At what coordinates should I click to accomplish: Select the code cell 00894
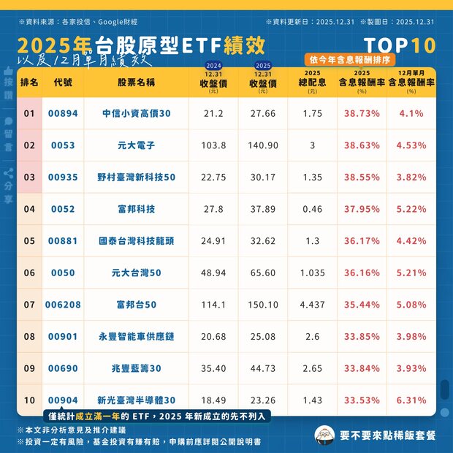pos(63,113)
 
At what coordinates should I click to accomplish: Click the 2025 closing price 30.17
pos(263,177)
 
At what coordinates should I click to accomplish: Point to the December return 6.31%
pos(411,400)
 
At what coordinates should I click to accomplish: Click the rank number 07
pos(29,305)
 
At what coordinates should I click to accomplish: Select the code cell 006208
pos(63,305)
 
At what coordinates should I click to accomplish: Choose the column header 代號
pos(63,83)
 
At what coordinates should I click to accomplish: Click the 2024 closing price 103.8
pos(213,145)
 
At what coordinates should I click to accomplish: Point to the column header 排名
pos(29,83)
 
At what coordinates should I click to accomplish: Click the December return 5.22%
pos(411,209)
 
